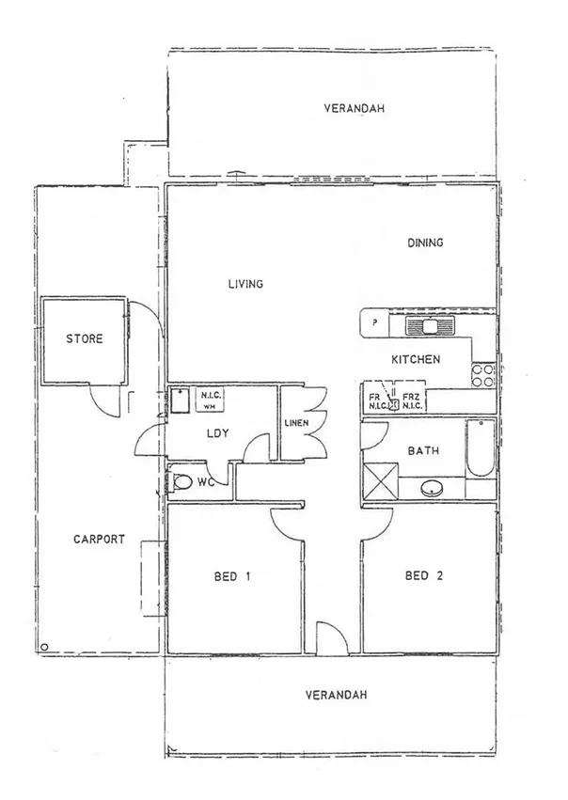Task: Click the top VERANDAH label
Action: (355, 108)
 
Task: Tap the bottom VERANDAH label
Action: (336, 696)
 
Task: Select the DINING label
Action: (425, 243)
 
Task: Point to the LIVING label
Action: (245, 284)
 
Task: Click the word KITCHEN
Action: (416, 359)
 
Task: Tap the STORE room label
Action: (84, 339)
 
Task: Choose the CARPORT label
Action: (99, 540)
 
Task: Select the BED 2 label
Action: (423, 576)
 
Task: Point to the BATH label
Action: (422, 451)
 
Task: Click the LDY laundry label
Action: (219, 433)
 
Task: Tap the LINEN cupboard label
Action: (297, 424)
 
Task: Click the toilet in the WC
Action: (181, 483)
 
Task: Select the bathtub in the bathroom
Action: (481, 449)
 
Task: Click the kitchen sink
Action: (430, 326)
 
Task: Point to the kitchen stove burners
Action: (482, 375)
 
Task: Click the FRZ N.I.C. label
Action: (411, 402)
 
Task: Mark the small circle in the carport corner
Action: (43, 646)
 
